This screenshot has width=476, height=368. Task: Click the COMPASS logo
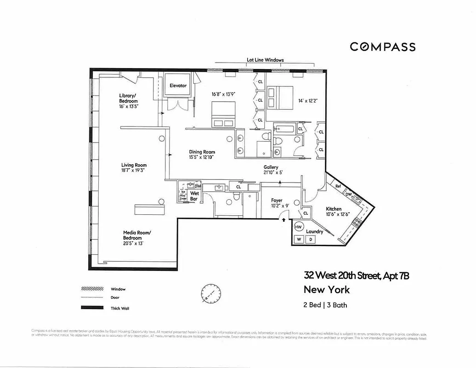coord(382,46)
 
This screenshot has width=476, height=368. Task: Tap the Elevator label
coord(178,86)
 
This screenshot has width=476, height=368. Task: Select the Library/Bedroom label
coord(128,98)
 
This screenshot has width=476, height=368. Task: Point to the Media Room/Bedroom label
coord(136,235)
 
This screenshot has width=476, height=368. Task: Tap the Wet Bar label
coord(195,196)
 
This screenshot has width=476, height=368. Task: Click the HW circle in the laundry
coord(298,227)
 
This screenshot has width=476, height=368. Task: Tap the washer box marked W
coord(299,239)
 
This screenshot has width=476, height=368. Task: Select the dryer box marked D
coord(311,239)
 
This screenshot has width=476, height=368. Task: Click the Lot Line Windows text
coord(265,60)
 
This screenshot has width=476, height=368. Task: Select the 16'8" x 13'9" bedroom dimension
coord(223,94)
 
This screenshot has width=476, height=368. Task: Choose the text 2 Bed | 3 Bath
coord(325,305)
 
